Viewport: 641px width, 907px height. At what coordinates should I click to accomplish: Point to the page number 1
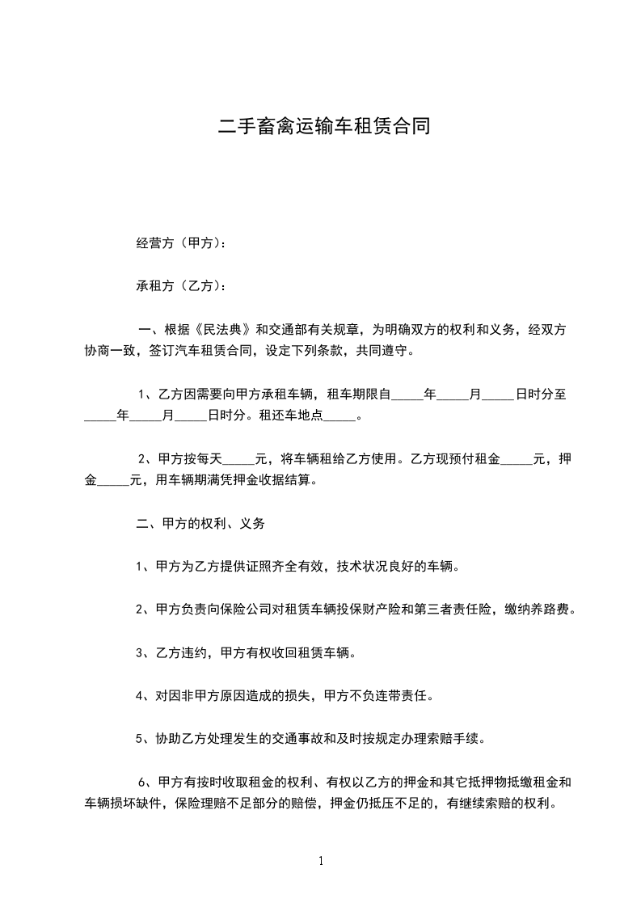pyautogui.click(x=321, y=861)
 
